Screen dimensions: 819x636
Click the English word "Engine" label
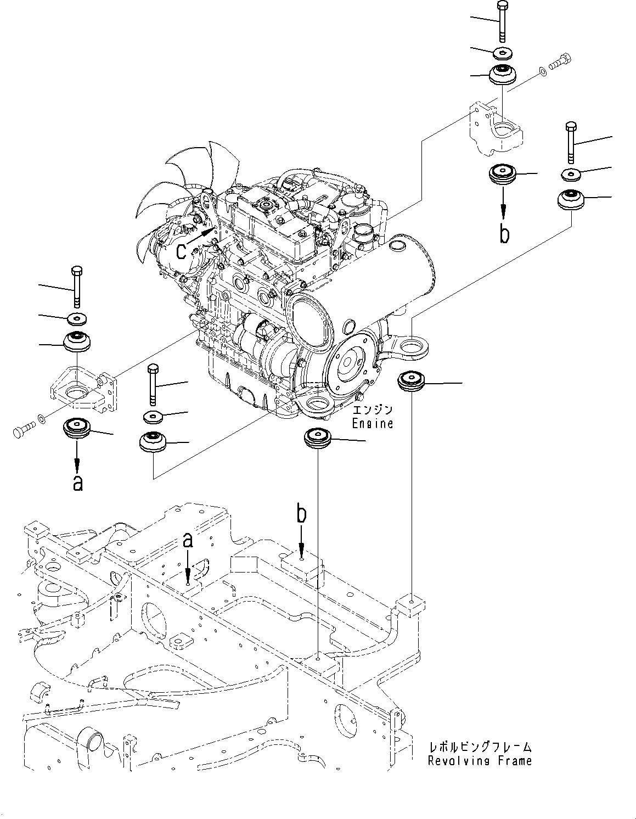pyautogui.click(x=373, y=424)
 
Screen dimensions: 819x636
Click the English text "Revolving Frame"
pyautogui.click(x=480, y=761)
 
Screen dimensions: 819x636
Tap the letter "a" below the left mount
pyautogui.click(x=78, y=483)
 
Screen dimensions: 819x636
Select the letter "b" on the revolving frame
pyautogui.click(x=301, y=515)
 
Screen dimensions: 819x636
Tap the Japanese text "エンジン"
pyautogui.click(x=373, y=410)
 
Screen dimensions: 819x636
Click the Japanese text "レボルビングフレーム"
pyautogui.click(x=480, y=747)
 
